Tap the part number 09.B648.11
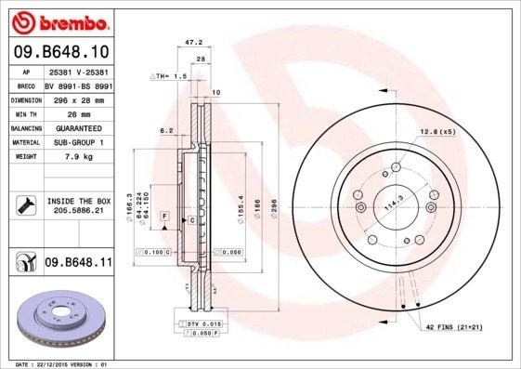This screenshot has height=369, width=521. [79, 264]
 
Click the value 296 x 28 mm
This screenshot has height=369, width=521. [78, 98]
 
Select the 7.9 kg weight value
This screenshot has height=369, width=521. [77, 157]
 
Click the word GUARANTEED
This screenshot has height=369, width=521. [78, 127]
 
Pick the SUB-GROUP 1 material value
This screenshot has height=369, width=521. [78, 142]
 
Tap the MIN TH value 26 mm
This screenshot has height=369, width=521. [77, 112]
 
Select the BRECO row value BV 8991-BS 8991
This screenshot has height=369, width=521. [78, 83]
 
